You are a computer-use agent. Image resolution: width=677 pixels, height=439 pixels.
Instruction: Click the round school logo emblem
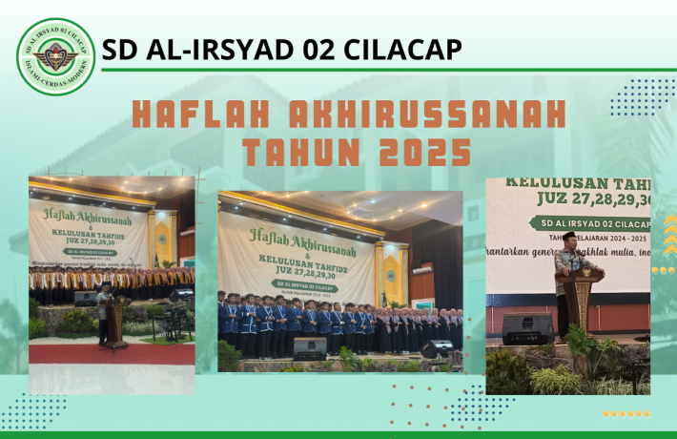click(55, 56)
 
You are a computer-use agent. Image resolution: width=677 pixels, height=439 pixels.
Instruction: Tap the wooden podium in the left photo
click(117, 321)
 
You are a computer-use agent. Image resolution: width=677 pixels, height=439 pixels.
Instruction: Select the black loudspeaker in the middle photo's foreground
click(310, 345)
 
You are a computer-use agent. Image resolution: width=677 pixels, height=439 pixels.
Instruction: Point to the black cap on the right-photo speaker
click(569, 236)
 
